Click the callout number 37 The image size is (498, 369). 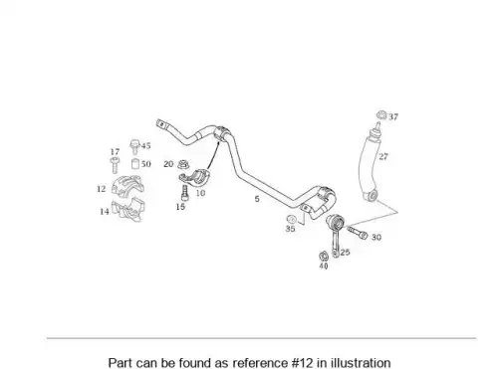pyautogui.click(x=393, y=116)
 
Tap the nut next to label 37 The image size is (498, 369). pyautogui.click(x=381, y=115)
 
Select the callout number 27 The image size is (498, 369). pyautogui.click(x=383, y=156)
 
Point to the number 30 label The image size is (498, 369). pyautogui.click(x=376, y=237)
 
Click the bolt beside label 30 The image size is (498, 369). pyautogui.click(x=358, y=232)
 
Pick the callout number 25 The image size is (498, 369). pyautogui.click(x=345, y=252)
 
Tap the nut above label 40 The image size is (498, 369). pyautogui.click(x=323, y=256)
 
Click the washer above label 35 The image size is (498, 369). pyautogui.click(x=291, y=219)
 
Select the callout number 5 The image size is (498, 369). pyautogui.click(x=257, y=199)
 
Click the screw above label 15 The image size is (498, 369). pyautogui.click(x=184, y=193)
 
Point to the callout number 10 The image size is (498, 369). pyautogui.click(x=200, y=193)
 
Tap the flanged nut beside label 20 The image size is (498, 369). pyautogui.click(x=182, y=164)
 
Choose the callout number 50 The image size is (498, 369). pyautogui.click(x=146, y=164)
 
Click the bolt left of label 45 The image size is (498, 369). pyautogui.click(x=134, y=147)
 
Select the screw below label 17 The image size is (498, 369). pyautogui.click(x=114, y=165)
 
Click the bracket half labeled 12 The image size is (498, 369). pyautogui.click(x=127, y=185)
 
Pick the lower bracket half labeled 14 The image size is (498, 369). pyautogui.click(x=127, y=209)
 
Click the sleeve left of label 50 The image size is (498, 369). pyautogui.click(x=135, y=164)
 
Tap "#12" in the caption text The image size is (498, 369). pyautogui.click(x=302, y=363)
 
